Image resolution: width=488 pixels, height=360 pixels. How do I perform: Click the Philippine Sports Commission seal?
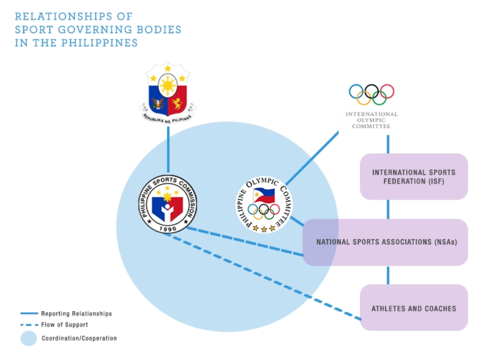[x=168, y=204]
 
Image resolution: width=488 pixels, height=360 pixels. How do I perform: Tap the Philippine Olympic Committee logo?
[x=264, y=205]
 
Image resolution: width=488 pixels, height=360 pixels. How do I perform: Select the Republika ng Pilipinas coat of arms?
[x=168, y=92]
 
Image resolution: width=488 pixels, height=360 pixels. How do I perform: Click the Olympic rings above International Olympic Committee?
[x=371, y=94]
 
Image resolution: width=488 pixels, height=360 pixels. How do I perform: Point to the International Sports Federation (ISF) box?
[x=414, y=177]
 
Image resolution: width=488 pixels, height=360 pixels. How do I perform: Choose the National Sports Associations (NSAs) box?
[x=385, y=242]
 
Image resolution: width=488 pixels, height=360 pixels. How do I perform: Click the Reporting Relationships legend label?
[x=77, y=314]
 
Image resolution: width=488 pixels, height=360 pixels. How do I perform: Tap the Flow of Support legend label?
[x=64, y=325]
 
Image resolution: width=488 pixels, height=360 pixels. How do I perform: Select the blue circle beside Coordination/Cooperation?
[x=29, y=338]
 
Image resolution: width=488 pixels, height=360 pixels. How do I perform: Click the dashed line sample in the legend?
[x=29, y=325]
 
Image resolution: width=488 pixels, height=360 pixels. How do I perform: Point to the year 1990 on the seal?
[x=168, y=229]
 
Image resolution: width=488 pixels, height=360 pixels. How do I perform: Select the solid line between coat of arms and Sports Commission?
[x=168, y=150]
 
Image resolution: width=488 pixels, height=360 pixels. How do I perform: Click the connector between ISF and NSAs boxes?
[x=388, y=210]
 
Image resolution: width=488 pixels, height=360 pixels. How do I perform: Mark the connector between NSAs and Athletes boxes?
[x=388, y=275]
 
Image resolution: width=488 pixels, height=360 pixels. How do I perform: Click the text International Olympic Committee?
[x=371, y=120]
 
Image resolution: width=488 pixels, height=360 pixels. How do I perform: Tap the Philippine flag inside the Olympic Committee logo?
[x=264, y=196]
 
